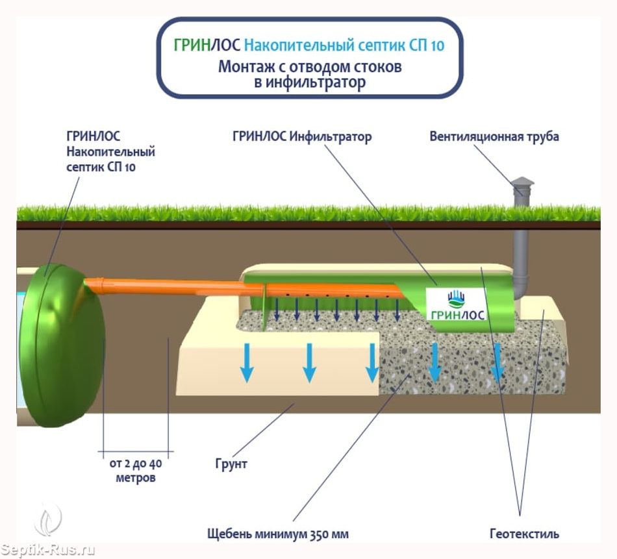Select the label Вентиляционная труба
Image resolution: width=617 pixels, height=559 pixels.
pos(494,136)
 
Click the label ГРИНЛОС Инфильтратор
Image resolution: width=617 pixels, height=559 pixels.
pos(302,136)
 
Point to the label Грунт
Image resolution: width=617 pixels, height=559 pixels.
pos(231,464)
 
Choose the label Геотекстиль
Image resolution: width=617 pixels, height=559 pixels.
pos(524,534)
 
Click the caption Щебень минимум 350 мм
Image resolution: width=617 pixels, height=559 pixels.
pos(278,534)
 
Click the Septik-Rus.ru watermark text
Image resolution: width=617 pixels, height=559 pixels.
pos(48,550)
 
